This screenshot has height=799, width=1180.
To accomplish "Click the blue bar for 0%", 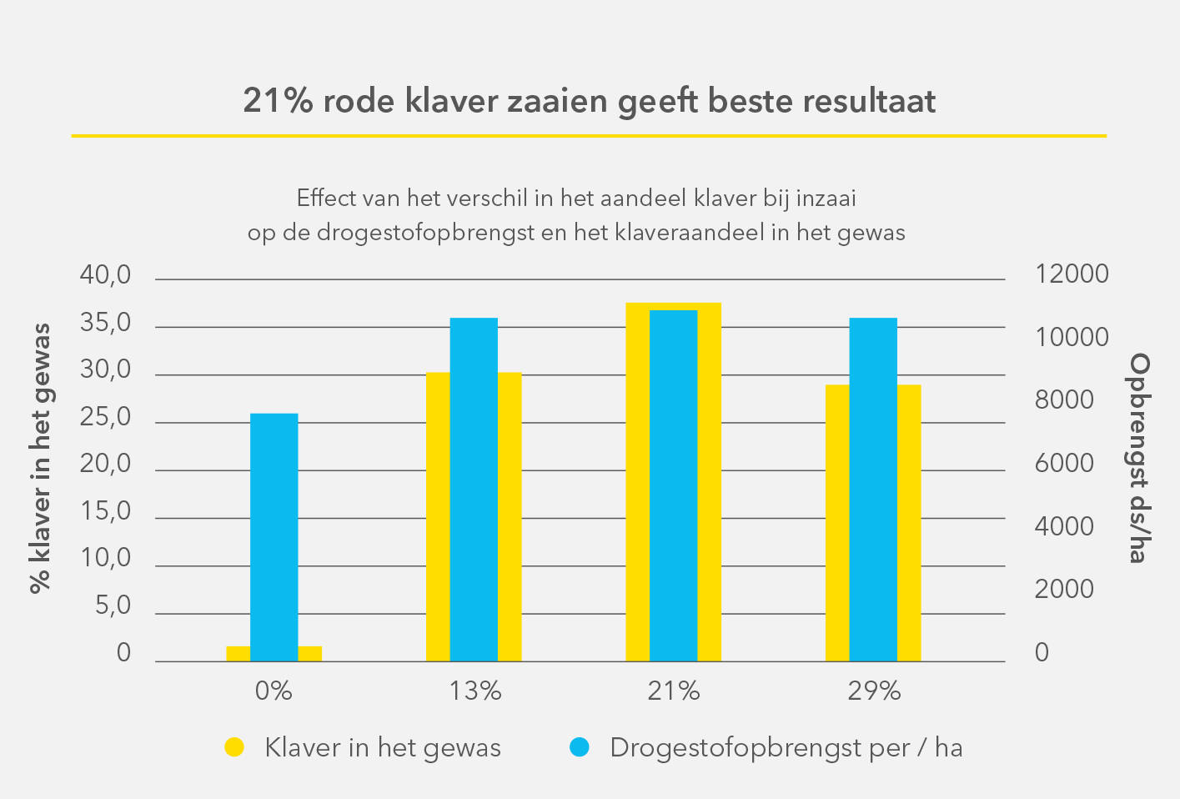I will (274, 537).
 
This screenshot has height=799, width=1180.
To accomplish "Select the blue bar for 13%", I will (474, 490).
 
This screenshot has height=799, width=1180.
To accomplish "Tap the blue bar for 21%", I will (673, 485).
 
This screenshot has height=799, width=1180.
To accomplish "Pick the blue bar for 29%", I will (873, 490).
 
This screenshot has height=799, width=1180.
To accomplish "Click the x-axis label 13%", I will (475, 691).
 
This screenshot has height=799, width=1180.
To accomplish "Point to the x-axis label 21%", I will (674, 691).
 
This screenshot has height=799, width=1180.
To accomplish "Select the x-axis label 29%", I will (875, 691).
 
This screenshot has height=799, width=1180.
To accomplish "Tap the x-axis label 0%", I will (274, 691).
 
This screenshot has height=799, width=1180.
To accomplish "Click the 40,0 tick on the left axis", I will (106, 275).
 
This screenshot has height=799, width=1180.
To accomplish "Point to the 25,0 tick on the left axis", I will (106, 417).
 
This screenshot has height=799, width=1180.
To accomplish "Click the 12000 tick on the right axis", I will (1072, 274).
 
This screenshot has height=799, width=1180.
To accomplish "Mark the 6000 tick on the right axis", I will (1064, 464).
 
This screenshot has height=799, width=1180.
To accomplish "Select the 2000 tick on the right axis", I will (1064, 590).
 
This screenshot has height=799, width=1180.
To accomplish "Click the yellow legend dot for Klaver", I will (234, 747).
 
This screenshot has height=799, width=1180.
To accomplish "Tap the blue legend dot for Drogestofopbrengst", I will (580, 747).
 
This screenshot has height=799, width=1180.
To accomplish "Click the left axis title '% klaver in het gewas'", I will (40, 458).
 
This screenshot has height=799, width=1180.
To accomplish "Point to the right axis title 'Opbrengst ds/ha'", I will (1138, 458).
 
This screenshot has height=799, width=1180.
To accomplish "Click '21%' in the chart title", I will (278, 101).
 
